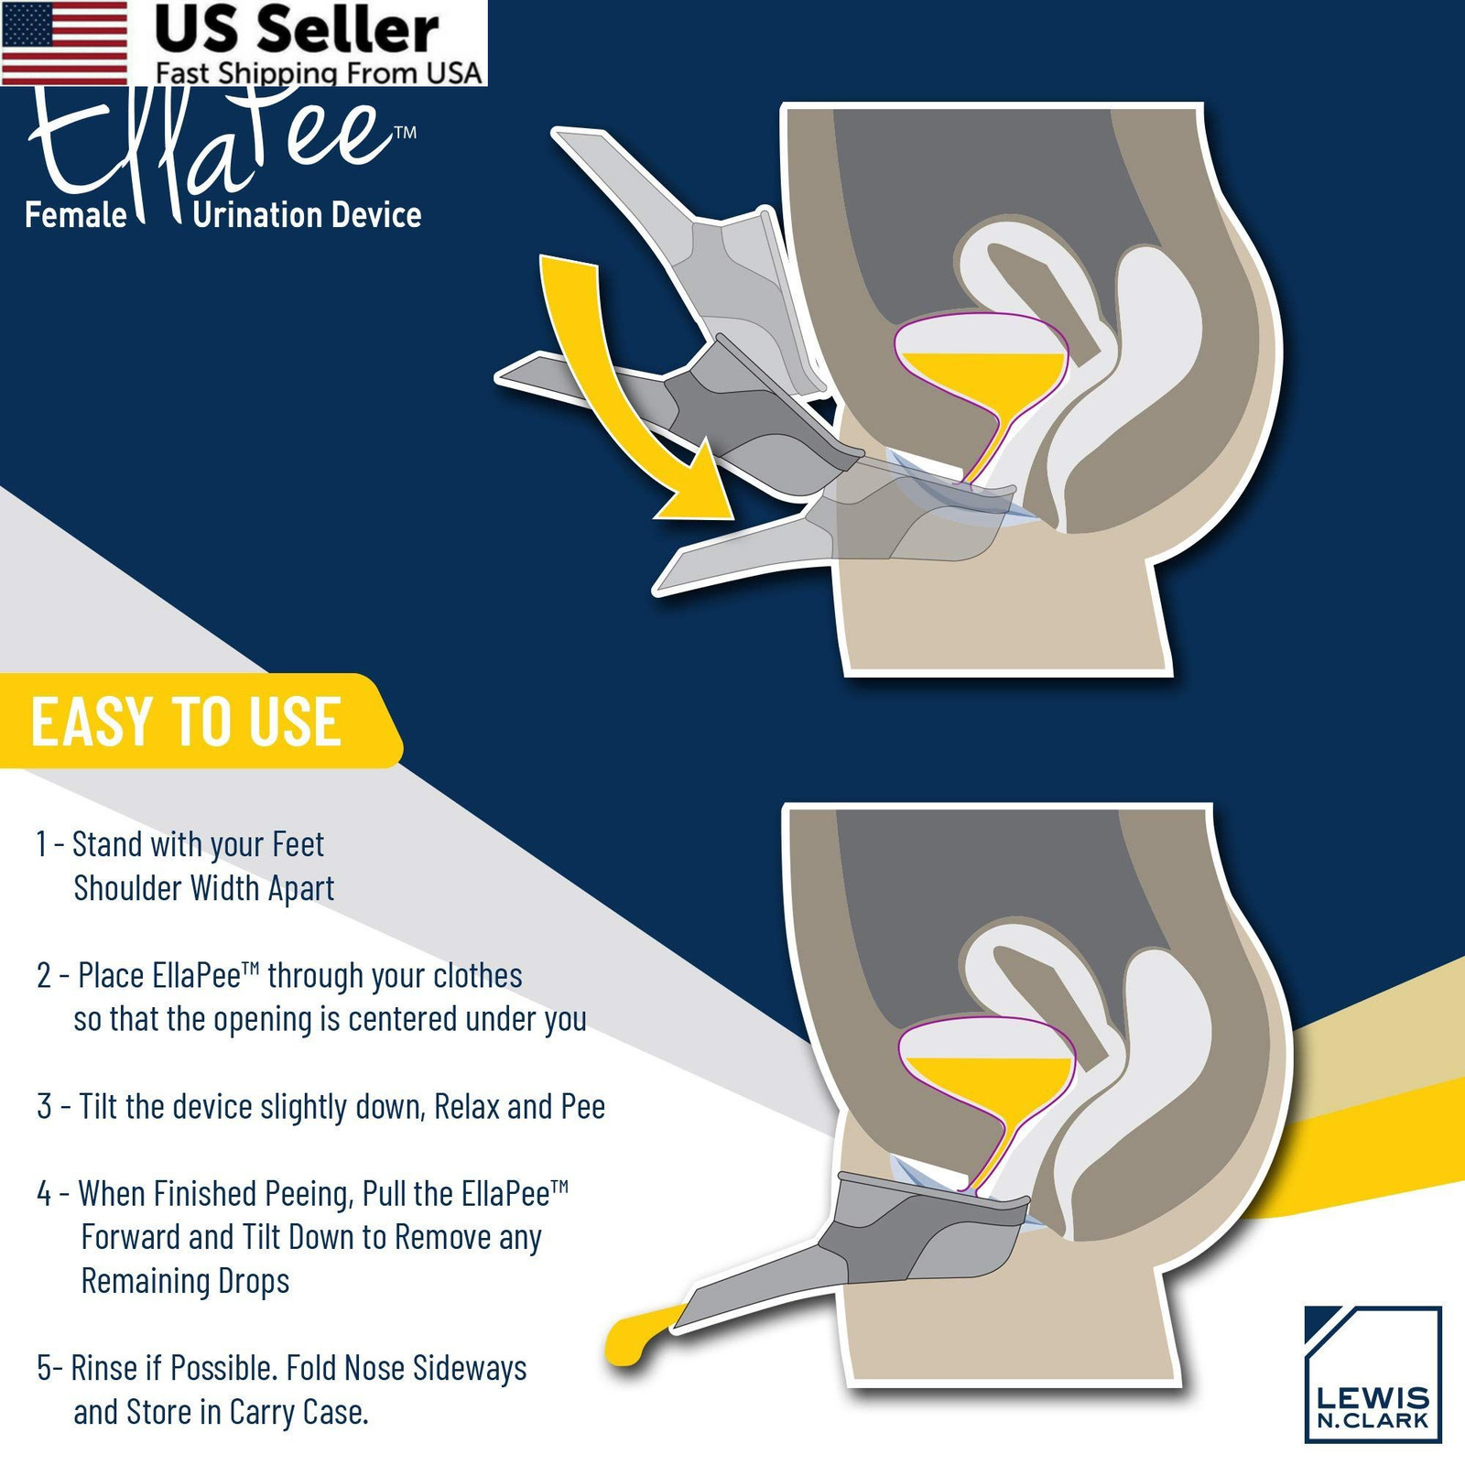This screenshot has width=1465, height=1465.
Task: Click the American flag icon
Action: click(65, 42)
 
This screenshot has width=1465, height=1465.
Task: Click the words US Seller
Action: click(297, 30)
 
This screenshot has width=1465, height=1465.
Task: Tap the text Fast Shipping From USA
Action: click(318, 72)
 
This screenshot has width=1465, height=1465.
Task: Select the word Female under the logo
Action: click(76, 215)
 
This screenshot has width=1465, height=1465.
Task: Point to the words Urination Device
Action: click(308, 215)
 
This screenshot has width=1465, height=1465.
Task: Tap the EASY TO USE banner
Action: click(197, 722)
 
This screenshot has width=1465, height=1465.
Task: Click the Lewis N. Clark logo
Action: click(1373, 1373)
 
